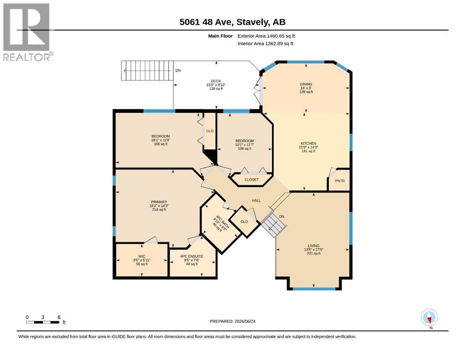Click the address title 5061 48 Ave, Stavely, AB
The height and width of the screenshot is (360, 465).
pos(232,22)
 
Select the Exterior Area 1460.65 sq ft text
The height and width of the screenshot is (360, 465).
pos(266,36)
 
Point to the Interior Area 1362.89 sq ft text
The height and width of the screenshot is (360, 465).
pos(265,44)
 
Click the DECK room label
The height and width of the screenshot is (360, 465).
pos(216,81)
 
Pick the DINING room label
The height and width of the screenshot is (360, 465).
pos(306,84)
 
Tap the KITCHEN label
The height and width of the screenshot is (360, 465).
pos(309,143)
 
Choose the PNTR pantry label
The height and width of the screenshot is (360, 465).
pos(340,181)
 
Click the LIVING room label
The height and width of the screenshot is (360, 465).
pos(313,246)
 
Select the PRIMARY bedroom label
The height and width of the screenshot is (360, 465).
pos(159,202)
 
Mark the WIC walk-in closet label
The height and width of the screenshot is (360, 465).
pos(142,256)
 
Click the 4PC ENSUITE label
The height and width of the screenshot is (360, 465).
pos(192,256)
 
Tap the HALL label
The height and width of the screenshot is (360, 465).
pos(256,200)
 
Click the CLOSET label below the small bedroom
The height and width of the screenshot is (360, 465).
pos(251,180)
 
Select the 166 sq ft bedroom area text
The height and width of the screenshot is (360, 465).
pos(161,144)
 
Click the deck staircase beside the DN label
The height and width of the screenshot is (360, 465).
pos(148,71)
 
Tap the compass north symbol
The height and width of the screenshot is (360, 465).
pos(429,317)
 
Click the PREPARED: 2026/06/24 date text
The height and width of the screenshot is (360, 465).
pos(232,321)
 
